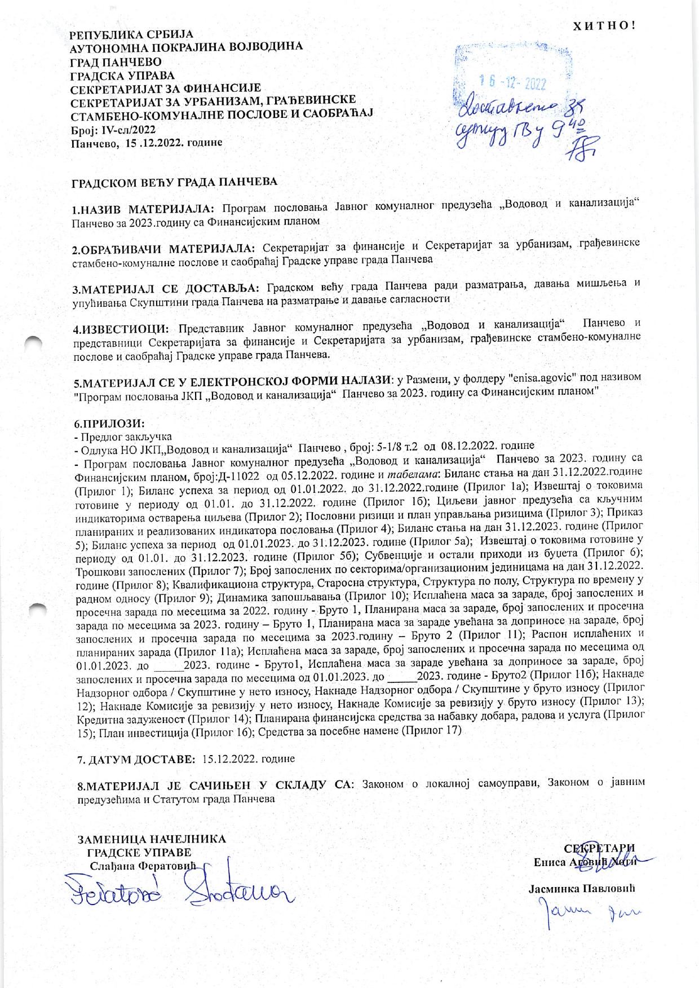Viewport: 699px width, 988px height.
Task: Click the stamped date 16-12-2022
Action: tap(512, 83)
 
